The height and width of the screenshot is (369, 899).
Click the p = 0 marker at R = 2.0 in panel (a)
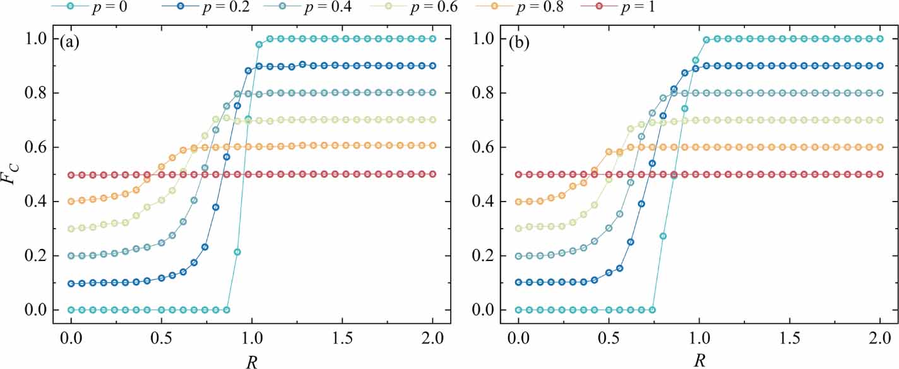point(432,39)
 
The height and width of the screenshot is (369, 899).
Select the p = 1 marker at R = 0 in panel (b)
point(519,174)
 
